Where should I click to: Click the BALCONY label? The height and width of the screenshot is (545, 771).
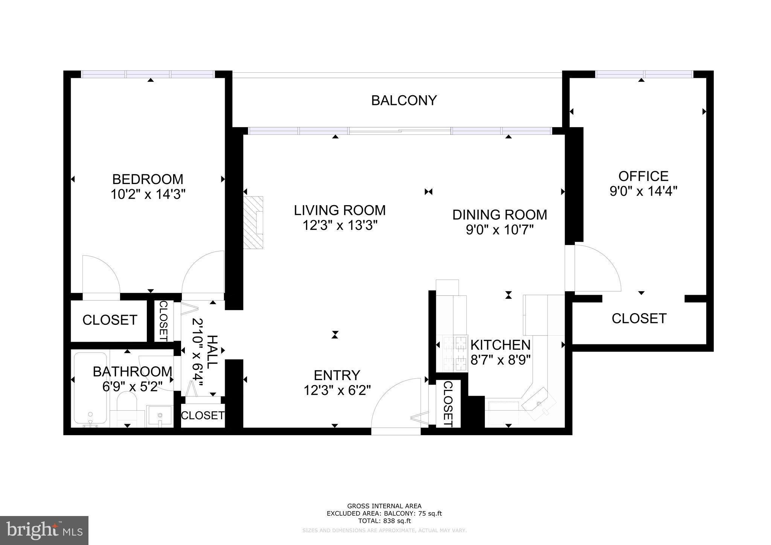(x=404, y=100)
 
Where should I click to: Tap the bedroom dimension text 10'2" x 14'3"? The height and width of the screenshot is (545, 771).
(x=148, y=195)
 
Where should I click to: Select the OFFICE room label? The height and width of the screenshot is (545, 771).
(x=643, y=176)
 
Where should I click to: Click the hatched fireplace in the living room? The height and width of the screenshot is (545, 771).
(x=253, y=222)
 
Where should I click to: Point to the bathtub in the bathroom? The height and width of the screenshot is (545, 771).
(x=90, y=388)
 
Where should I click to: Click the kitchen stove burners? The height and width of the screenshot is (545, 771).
(x=455, y=353)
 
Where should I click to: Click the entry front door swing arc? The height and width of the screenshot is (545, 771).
(x=395, y=403)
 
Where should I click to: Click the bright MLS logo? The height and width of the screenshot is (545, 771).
(x=44, y=530)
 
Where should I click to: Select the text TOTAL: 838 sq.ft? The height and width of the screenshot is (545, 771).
(x=384, y=521)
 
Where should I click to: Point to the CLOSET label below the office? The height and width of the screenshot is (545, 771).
(x=639, y=318)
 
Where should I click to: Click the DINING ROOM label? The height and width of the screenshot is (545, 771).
(x=500, y=215)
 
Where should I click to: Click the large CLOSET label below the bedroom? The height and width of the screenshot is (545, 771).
(x=110, y=320)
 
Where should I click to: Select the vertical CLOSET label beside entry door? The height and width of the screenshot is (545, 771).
(x=448, y=404)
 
